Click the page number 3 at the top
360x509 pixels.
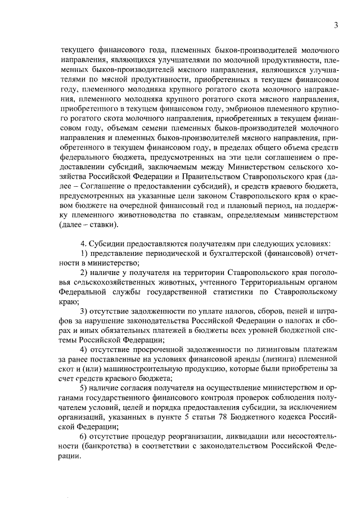(x=335, y=25)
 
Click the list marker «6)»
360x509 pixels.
(x=84, y=435)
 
